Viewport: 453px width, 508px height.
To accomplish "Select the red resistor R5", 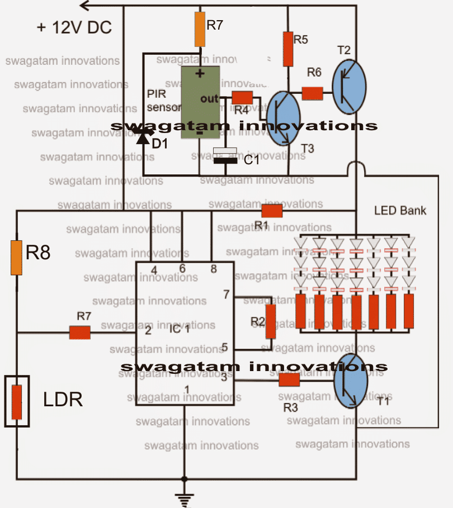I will coord(288,49).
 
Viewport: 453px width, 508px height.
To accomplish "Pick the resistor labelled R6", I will coord(313,93).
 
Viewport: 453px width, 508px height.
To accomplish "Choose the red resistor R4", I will coord(242,98).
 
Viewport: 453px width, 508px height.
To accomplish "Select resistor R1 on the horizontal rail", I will coord(272,211).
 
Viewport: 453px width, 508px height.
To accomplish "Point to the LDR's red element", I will coord(17,402).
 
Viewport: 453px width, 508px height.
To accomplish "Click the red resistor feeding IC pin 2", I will coord(80,333).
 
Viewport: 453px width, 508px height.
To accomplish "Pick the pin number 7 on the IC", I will coord(226,295).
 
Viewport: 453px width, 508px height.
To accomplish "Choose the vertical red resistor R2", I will coord(271,322).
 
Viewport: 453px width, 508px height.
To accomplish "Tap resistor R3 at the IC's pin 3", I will coord(289,380).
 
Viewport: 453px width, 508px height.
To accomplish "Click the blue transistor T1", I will coord(350,381).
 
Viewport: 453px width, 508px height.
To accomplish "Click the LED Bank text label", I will coord(400,211).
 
